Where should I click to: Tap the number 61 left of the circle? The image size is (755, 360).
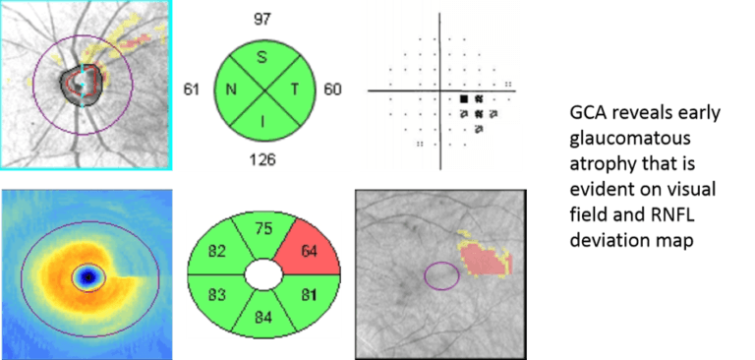[x=194, y=90]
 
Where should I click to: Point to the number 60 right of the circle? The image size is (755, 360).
[x=332, y=90]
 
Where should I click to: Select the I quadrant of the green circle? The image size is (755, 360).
[x=262, y=121]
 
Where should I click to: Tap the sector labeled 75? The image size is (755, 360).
[x=262, y=231]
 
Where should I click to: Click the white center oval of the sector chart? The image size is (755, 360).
[x=262, y=273]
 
